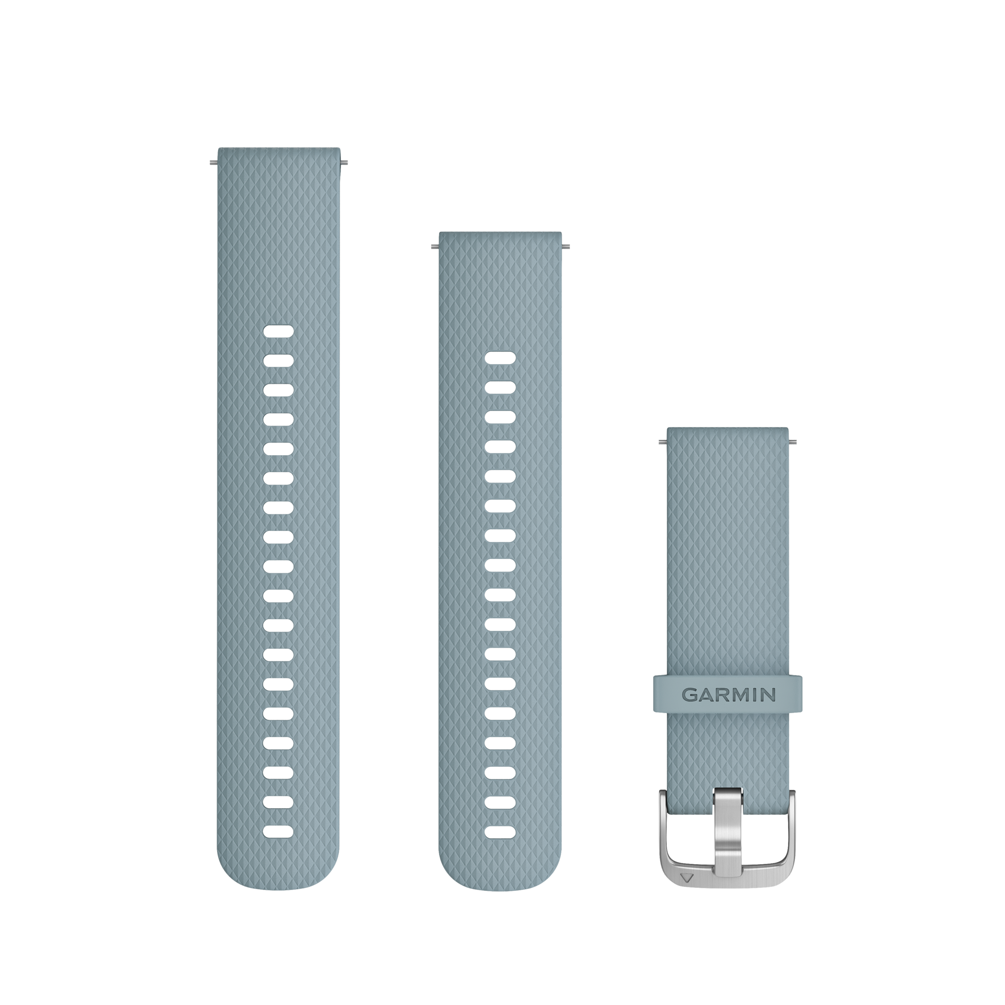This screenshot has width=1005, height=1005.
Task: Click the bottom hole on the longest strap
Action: pyautogui.click(x=278, y=831)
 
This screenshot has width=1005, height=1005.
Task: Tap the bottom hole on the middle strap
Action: pyautogui.click(x=500, y=832)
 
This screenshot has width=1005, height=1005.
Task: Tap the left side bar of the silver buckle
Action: pyautogui.click(x=665, y=843)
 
